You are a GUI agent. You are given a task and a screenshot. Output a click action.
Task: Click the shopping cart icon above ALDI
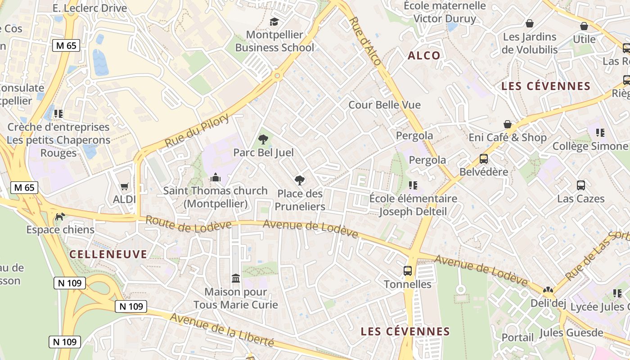click(125, 186)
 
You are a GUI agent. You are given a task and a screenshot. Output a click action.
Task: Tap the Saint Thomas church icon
click(216, 178)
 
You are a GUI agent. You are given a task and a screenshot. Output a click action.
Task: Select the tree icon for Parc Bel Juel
click(263, 139)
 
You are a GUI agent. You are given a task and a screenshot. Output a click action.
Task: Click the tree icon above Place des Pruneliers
click(299, 180)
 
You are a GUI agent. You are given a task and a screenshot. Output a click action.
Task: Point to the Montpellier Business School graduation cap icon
click(274, 22)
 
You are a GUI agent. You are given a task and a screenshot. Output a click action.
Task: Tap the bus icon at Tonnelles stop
click(408, 271)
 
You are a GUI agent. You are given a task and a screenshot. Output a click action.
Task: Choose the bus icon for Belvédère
click(484, 159)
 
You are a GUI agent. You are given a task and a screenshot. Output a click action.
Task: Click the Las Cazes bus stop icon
click(581, 185)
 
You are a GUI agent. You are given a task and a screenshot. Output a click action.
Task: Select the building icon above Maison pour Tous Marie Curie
click(236, 279)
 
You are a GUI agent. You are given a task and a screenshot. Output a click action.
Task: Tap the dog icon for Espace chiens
click(59, 217)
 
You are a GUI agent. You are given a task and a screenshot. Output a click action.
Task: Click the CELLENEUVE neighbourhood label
click(108, 254)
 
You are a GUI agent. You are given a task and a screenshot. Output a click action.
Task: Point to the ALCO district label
click(424, 56)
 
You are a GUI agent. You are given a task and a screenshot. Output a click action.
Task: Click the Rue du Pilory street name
click(197, 131)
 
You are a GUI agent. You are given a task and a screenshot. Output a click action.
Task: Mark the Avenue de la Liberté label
click(222, 329)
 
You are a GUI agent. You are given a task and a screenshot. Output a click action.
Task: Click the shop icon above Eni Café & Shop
click(508, 124)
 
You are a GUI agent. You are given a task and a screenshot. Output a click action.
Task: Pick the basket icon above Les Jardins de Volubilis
click(530, 23)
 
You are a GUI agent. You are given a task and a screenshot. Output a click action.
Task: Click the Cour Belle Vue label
click(384, 105)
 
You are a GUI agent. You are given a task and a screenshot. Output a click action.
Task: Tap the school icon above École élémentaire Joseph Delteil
click(413, 185)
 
